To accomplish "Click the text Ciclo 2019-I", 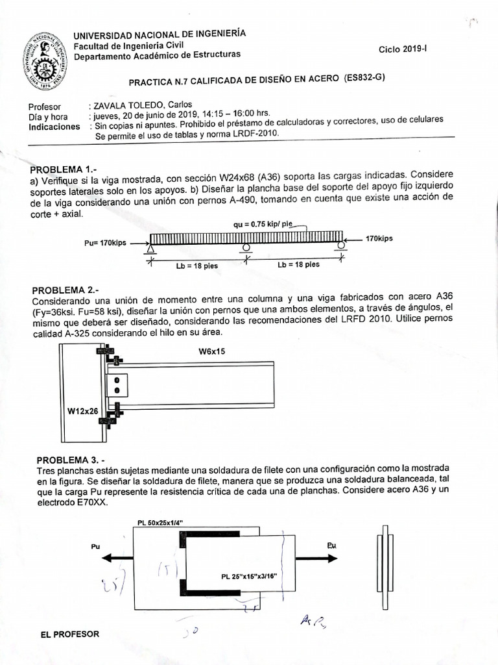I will pyautogui.click(x=403, y=49).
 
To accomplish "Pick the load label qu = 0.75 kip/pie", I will pyautogui.click(x=268, y=224).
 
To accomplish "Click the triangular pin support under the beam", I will pyautogui.click(x=150, y=250).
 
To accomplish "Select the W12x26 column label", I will pyautogui.click(x=83, y=410).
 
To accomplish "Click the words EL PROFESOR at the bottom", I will pyautogui.click(x=70, y=634).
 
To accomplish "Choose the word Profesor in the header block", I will pyautogui.click(x=45, y=106).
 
